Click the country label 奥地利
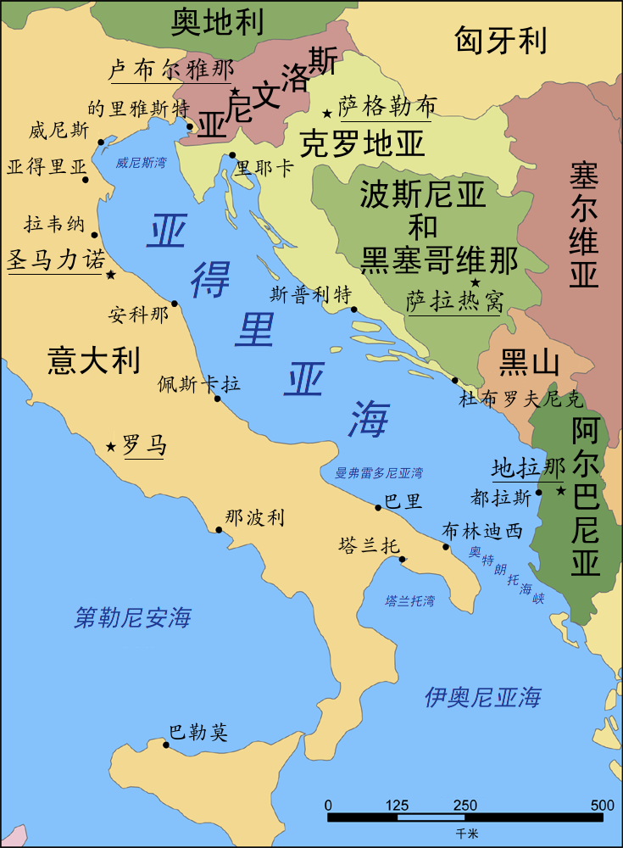pyautogui.click(x=218, y=23)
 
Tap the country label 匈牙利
pyautogui.click(x=500, y=40)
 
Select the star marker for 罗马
pyautogui.click(x=110, y=447)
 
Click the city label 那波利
pyautogui.click(x=254, y=517)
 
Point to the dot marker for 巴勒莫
pyautogui.click(x=166, y=745)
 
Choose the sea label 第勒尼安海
pyautogui.click(x=133, y=617)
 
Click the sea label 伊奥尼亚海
pyautogui.click(x=482, y=698)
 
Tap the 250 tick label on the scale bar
pyautogui.click(x=465, y=805)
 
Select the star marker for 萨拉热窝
pyautogui.click(x=476, y=282)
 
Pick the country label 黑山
pyautogui.click(x=530, y=362)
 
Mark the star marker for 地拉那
pyautogui.click(x=560, y=490)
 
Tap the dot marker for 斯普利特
pyautogui.click(x=354, y=310)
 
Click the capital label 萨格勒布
pyautogui.click(x=387, y=107)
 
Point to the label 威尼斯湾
pyautogui.click(x=141, y=162)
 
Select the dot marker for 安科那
pyautogui.click(x=175, y=303)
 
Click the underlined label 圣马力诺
pyautogui.click(x=56, y=259)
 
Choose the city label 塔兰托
pyautogui.click(x=369, y=546)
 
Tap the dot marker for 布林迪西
pyautogui.click(x=447, y=547)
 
